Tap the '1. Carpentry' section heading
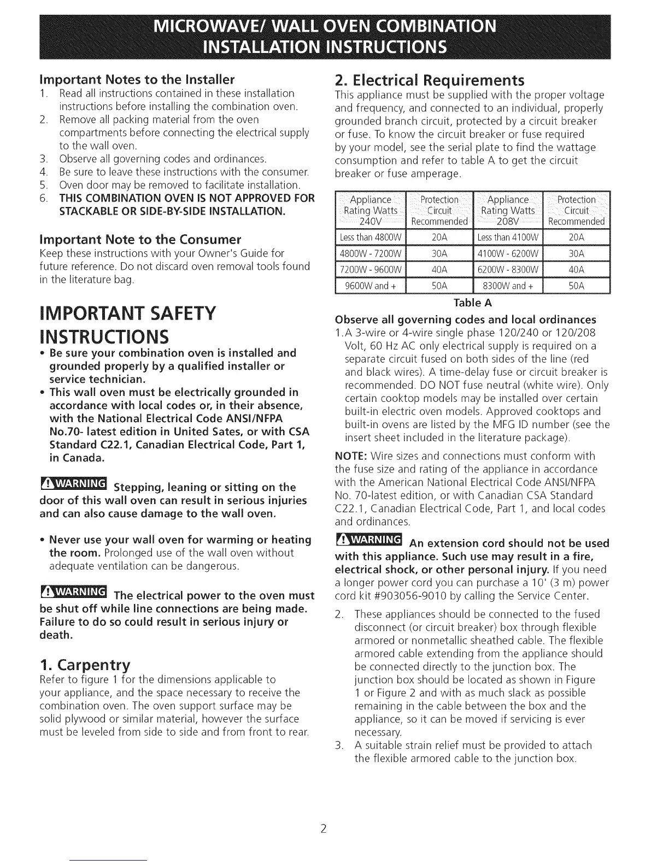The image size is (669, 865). (85, 665)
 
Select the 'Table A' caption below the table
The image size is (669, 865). (473, 303)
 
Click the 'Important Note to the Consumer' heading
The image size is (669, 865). (140, 239)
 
